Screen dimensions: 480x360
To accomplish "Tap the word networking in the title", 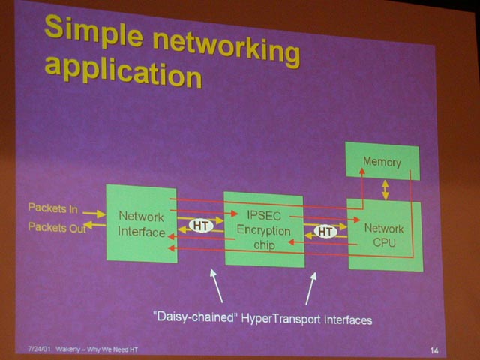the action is (x=226, y=48).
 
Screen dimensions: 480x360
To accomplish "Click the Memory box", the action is (x=382, y=161).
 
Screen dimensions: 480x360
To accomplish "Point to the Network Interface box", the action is (x=142, y=223).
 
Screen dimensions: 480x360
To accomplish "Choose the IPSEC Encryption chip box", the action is (x=264, y=229).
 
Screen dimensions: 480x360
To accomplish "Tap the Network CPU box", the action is (x=385, y=235).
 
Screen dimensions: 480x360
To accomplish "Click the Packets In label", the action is (x=53, y=208).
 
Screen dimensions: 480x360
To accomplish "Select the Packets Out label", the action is (x=57, y=227).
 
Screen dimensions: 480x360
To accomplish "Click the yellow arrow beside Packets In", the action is (x=94, y=214).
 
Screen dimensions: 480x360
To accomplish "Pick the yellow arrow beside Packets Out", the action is (x=95, y=225).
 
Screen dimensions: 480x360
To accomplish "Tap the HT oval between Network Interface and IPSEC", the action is (x=201, y=226).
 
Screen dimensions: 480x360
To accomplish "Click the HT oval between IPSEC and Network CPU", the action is (x=325, y=232).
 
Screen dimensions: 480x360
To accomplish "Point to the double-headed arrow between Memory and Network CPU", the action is (x=385, y=190).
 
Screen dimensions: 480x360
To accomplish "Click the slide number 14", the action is (x=434, y=350).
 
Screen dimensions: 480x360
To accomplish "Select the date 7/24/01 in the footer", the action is (x=39, y=349).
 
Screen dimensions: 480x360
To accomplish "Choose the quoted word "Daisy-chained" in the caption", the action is (x=196, y=316).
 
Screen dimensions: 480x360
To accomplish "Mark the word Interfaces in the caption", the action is (x=348, y=320).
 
